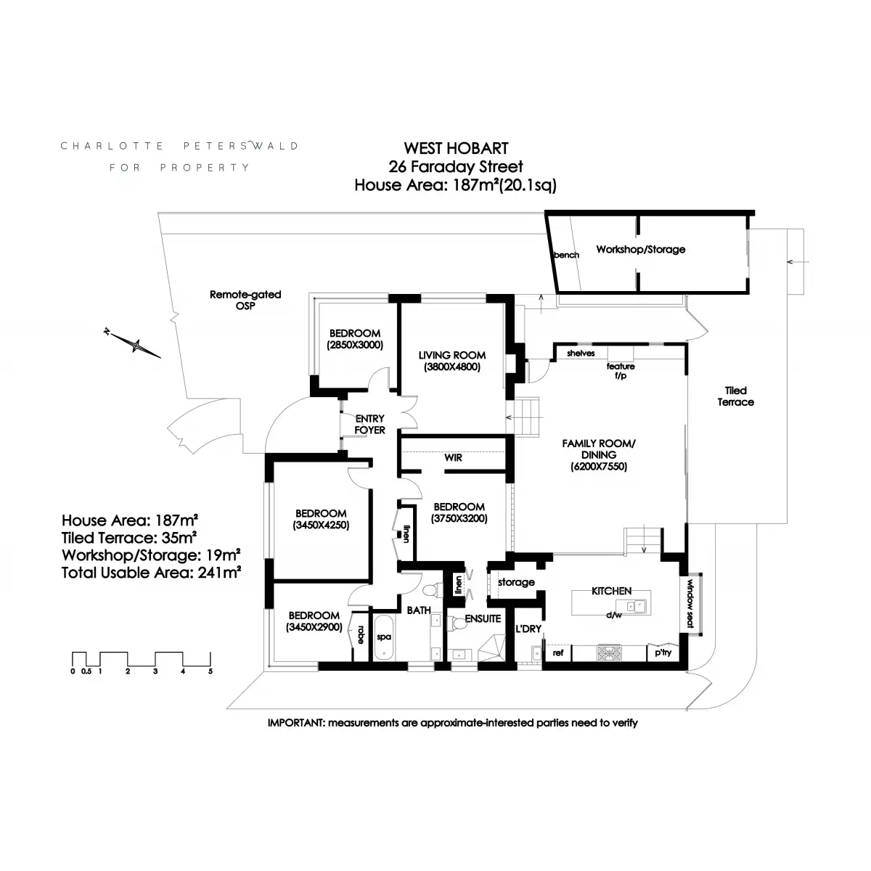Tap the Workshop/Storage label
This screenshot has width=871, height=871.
click(640, 250)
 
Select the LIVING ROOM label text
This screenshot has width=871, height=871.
click(452, 355)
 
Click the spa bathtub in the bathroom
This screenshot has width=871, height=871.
click(384, 637)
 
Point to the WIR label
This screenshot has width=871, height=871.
click(453, 457)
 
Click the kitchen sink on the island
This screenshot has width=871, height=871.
click(634, 605)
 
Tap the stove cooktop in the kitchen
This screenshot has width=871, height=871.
click(609, 653)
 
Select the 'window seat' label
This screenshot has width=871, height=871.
click(690, 604)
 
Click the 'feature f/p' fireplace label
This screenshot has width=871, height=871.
click(621, 371)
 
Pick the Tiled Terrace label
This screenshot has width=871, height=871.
click(735, 396)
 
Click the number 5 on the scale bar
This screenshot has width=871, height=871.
click(210, 671)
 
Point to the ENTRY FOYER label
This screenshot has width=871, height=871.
click(369, 425)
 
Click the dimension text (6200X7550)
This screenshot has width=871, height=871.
click(598, 467)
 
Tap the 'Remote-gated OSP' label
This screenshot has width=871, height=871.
click(245, 300)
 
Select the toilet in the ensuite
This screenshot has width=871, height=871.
click(457, 623)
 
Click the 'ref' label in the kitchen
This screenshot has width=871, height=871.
click(557, 653)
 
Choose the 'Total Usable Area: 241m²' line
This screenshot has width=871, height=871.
click(151, 573)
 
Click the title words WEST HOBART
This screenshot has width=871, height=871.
click(456, 148)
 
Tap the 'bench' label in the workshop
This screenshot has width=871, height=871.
click(567, 255)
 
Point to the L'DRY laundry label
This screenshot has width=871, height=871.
click(528, 629)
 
